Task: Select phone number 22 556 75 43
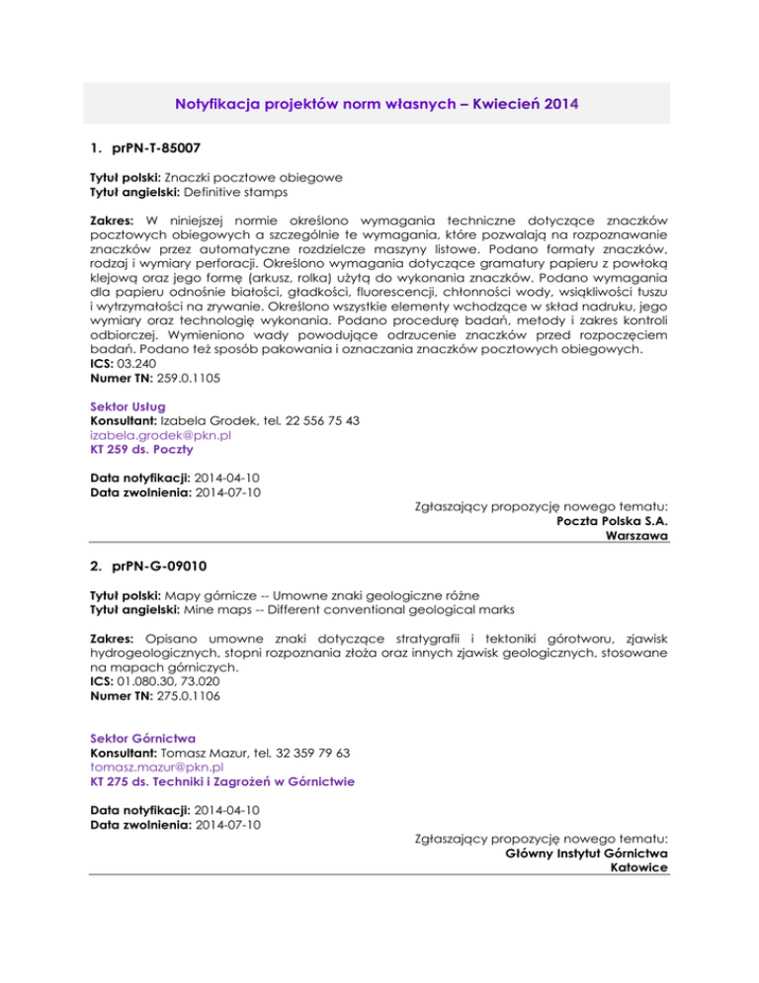(320, 420)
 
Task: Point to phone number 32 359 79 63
(314, 753)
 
